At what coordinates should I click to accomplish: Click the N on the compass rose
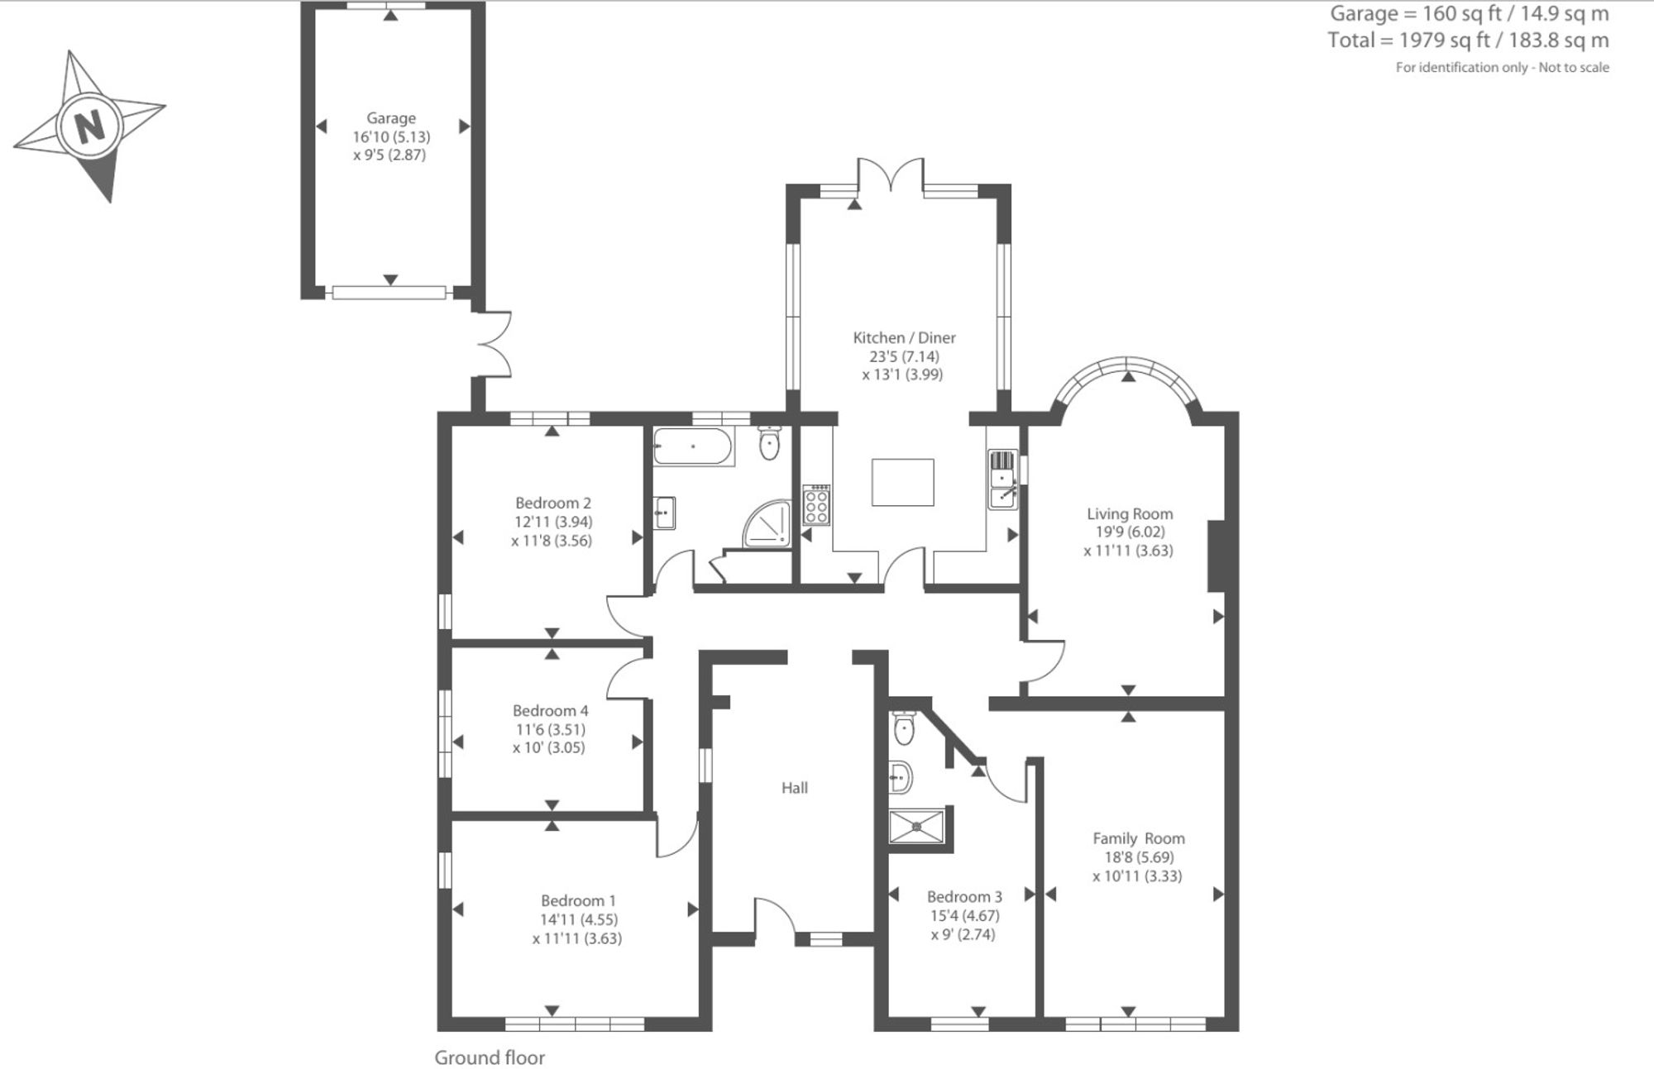[x=90, y=126]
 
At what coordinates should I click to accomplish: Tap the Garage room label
[x=391, y=118]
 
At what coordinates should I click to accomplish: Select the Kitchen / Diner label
[x=904, y=337]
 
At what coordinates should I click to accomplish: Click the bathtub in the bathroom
[x=693, y=446]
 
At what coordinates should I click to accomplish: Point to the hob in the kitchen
[x=815, y=504]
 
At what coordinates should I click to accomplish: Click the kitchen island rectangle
[x=902, y=482]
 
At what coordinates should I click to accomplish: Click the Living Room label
[x=1130, y=513]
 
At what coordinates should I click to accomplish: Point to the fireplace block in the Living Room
[x=1216, y=556]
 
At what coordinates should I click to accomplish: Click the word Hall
[x=795, y=788]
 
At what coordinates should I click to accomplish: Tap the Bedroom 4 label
[x=551, y=710]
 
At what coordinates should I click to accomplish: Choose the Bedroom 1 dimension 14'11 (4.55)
[x=579, y=919]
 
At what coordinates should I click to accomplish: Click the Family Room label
[x=1139, y=838]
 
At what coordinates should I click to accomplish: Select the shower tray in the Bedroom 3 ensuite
[x=916, y=826]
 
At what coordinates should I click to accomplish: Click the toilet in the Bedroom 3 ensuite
[x=904, y=727]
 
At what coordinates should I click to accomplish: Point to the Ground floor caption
[x=490, y=1057]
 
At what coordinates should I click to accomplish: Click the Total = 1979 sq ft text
[x=1417, y=40]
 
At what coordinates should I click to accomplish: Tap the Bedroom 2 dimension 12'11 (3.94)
[x=553, y=522]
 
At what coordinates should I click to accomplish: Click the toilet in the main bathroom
[x=770, y=443]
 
